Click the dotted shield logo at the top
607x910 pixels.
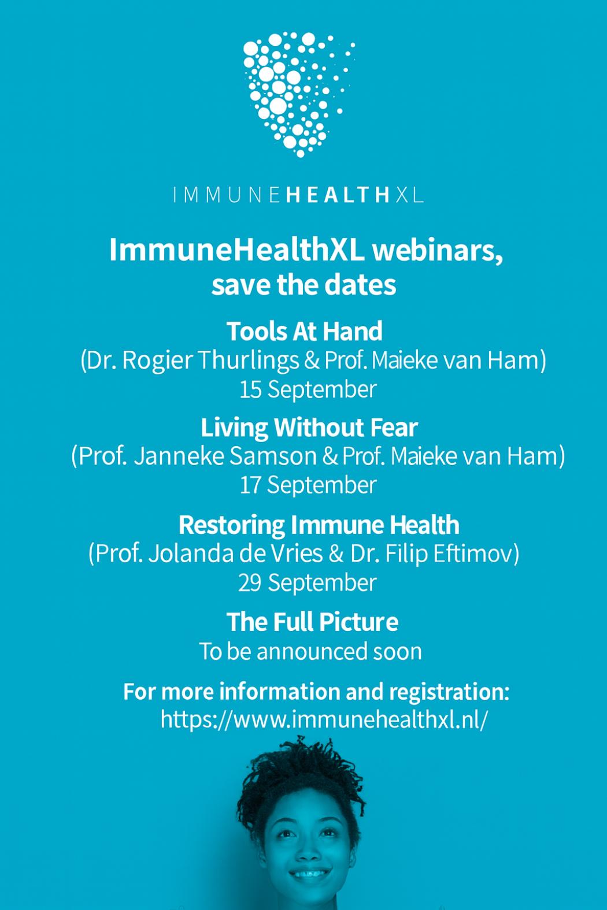click(x=298, y=94)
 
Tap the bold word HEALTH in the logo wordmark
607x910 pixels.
click(x=338, y=195)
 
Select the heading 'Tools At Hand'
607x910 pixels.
click(x=304, y=331)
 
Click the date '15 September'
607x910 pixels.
click(x=308, y=389)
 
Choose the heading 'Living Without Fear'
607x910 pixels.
click(x=309, y=428)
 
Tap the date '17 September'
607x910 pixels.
click(x=308, y=485)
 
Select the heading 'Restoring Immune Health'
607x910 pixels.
click(x=319, y=525)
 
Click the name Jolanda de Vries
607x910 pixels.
click(x=235, y=554)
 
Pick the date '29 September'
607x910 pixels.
click(x=307, y=583)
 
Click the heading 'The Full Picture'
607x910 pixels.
click(x=312, y=622)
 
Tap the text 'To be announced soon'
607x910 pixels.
click(x=310, y=652)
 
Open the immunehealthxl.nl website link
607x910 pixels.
click(x=324, y=719)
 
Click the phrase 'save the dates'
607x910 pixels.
click(x=303, y=285)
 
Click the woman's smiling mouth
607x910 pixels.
click(x=309, y=872)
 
